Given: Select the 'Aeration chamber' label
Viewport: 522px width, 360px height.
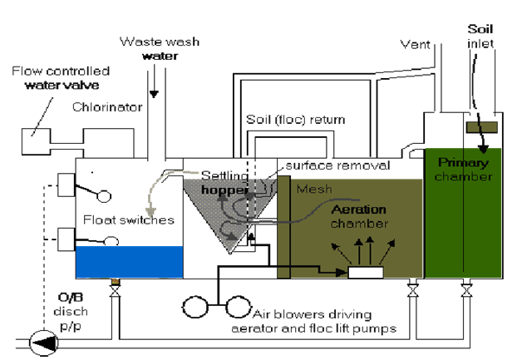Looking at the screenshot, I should click(337, 218).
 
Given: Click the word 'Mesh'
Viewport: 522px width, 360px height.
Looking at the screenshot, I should click(313, 189).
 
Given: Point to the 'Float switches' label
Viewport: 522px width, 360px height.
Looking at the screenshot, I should click(127, 220).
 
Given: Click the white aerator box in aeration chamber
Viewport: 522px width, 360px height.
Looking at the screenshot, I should click(365, 271).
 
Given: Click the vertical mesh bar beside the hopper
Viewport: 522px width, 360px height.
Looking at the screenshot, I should click(283, 224).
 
